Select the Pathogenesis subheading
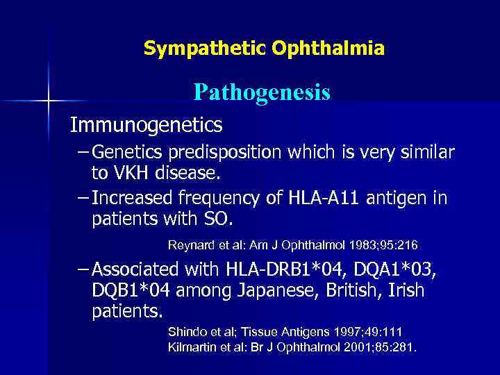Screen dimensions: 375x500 point(262,92)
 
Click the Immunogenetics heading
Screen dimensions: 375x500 point(146,125)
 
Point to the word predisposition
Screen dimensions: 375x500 point(215,152)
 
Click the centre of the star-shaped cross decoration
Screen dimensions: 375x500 point(49,101)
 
